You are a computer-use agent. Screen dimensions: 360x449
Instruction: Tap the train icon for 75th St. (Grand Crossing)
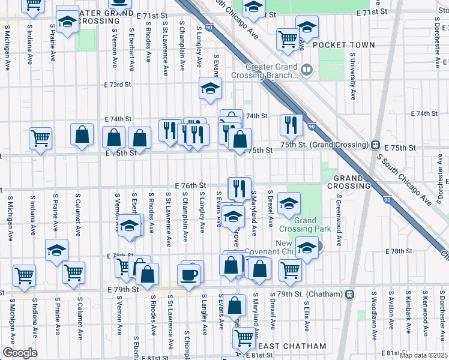tap(375, 145)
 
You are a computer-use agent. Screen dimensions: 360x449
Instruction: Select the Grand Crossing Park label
tap(305, 224)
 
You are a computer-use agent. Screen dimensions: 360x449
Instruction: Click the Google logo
tap(20, 353)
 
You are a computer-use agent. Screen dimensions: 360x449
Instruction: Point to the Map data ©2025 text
tap(423, 355)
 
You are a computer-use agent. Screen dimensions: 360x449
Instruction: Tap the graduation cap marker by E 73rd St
tap(210, 89)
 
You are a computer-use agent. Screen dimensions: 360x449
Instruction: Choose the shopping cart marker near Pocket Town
tap(288, 40)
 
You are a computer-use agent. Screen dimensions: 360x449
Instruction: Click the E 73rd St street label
tap(117, 85)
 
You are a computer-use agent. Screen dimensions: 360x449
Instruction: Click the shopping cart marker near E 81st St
tap(244, 338)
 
